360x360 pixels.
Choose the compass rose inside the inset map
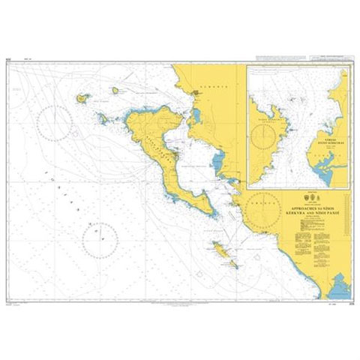tap(268, 136)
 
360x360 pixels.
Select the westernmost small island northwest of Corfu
tap(82, 97)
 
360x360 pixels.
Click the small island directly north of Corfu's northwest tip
tap(116, 91)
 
